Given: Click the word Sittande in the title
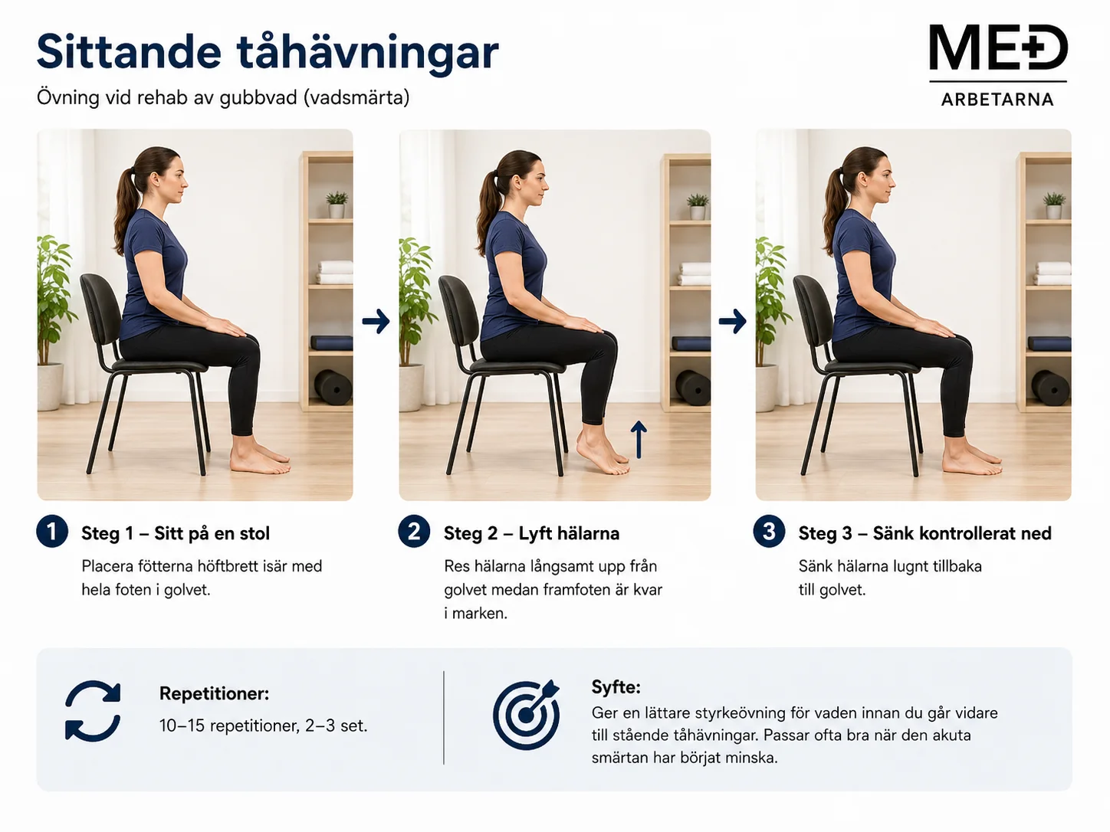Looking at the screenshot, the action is [129, 51].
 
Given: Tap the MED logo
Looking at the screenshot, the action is [998, 47].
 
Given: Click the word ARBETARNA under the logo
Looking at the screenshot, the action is [998, 100].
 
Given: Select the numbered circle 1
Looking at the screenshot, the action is [52, 532].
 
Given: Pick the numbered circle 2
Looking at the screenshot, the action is [414, 532].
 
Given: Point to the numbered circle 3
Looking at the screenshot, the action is [769, 532].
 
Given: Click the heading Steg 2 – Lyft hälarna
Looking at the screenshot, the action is [531, 533].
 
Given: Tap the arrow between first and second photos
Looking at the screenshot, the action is [376, 321].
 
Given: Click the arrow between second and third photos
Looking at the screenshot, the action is [733, 321].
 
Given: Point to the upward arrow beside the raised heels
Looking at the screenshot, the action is [639, 440].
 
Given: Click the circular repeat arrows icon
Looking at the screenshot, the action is [93, 711].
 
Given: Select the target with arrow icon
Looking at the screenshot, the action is [527, 714].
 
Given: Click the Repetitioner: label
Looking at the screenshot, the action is [214, 693].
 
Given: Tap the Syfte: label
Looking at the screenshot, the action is [616, 687].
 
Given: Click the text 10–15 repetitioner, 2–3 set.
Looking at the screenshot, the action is [263, 726].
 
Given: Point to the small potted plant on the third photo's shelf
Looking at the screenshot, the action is [1054, 205].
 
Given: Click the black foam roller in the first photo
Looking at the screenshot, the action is [333, 388].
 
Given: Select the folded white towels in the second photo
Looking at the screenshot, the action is [695, 274].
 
